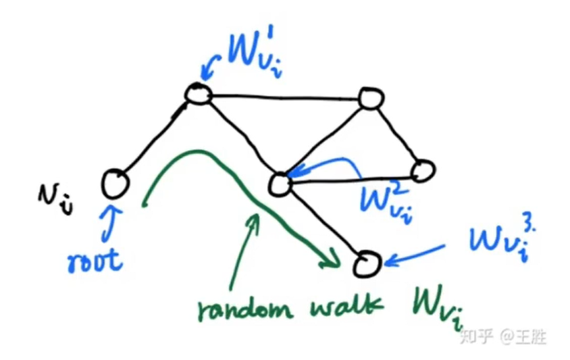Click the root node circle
tap(115, 182)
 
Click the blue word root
tap(96, 259)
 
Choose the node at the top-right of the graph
tap(370, 99)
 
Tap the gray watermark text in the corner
tap(502, 336)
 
